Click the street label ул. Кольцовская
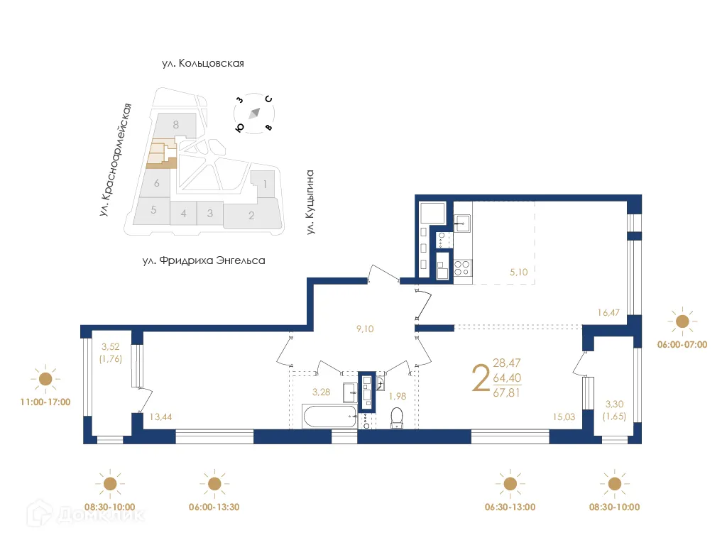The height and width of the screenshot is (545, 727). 202,63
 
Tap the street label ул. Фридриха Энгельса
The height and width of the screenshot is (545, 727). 203,260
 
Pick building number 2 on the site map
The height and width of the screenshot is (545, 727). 251,216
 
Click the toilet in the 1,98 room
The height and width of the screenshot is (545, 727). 398,418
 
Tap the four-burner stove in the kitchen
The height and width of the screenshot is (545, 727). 461,268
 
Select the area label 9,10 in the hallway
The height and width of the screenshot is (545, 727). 365,328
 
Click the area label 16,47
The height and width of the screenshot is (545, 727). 610,311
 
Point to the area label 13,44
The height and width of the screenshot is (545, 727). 160,418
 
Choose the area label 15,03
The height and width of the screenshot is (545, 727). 565,418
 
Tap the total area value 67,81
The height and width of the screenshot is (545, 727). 506,392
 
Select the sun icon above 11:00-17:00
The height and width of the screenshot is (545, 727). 46,380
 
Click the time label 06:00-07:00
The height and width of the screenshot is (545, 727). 682,344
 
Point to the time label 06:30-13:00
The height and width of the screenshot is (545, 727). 509,507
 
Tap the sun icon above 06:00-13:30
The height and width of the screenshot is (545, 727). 214,484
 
